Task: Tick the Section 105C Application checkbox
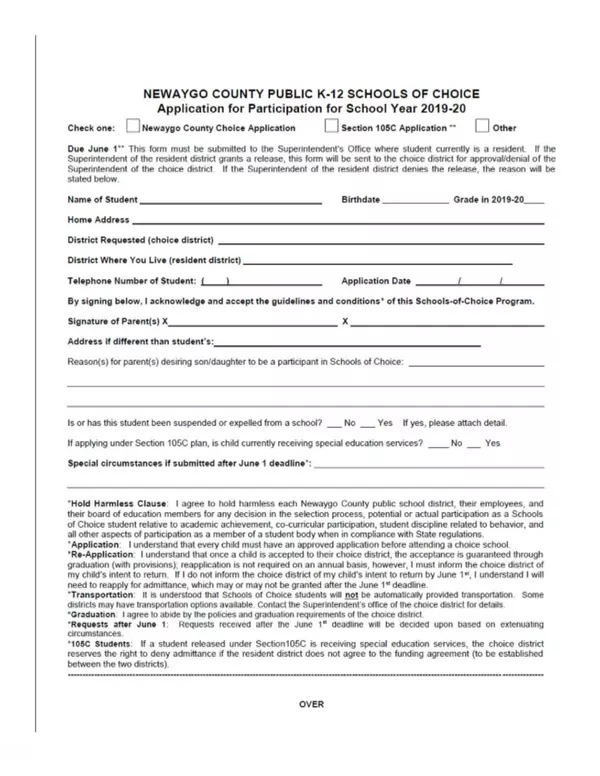coord(331,128)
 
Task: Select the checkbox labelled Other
coord(482,128)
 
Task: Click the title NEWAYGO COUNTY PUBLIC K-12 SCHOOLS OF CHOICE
coord(311,94)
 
